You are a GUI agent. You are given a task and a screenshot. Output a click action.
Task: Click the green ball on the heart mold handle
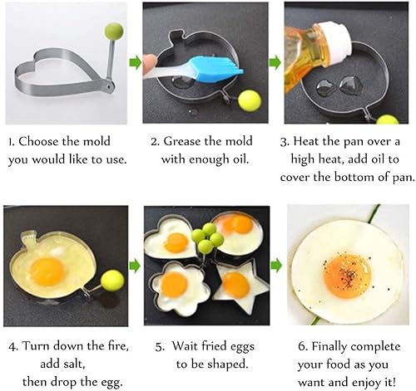click(x=114, y=31)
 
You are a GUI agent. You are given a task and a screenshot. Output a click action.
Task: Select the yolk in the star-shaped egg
click(x=236, y=285)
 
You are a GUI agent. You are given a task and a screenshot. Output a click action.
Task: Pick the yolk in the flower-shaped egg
click(x=174, y=285)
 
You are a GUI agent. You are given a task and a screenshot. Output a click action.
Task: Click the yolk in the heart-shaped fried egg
click(x=176, y=243)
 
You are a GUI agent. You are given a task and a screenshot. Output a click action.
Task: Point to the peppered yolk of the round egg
click(x=348, y=276)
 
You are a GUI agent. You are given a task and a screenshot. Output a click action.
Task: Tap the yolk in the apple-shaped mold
click(x=47, y=271)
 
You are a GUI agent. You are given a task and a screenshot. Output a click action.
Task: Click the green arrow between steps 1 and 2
click(x=135, y=62)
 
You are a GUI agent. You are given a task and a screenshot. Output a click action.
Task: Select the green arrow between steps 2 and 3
click(x=275, y=62)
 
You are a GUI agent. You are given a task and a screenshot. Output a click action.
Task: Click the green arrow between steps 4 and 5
click(x=135, y=266)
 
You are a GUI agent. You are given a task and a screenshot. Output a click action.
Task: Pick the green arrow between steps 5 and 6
click(x=276, y=266)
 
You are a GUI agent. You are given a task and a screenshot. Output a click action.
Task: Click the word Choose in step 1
click(x=38, y=141)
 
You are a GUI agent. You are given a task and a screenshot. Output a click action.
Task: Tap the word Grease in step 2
click(x=181, y=141)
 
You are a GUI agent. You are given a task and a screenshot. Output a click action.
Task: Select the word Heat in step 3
click(x=306, y=141)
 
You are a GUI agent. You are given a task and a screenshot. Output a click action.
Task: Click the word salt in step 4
click(x=72, y=364)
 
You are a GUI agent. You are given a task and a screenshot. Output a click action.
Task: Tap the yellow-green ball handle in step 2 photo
click(x=250, y=100)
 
